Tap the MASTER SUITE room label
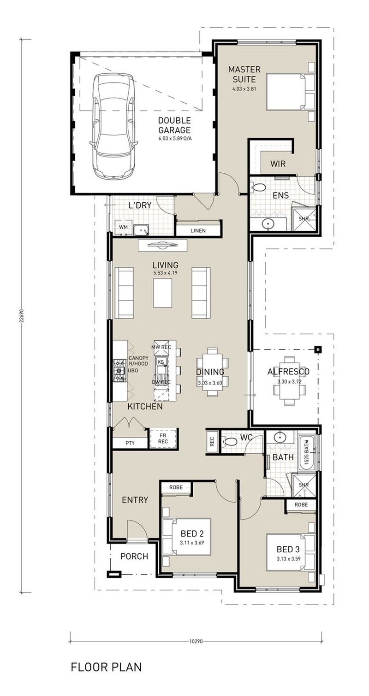(x=244, y=74)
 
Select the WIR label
(x=278, y=164)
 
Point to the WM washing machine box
(x=123, y=227)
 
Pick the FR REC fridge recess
(x=164, y=438)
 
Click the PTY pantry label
(x=130, y=443)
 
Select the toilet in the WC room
(x=229, y=442)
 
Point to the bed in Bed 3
(x=287, y=553)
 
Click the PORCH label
(x=134, y=556)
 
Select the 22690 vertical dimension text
(x=21, y=316)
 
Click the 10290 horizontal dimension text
(x=196, y=641)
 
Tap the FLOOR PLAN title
(x=106, y=667)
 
